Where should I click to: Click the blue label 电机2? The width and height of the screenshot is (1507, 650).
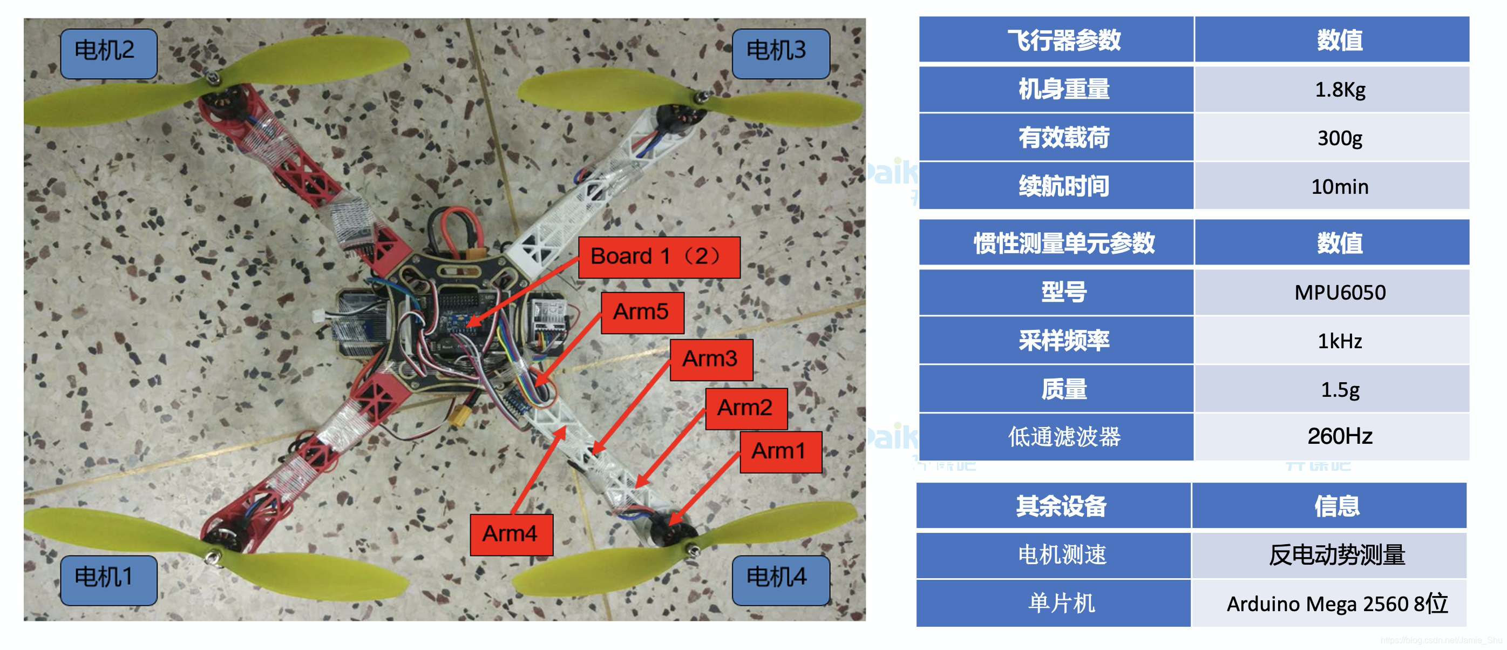click(x=108, y=53)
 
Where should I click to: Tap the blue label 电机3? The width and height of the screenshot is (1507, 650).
click(x=780, y=53)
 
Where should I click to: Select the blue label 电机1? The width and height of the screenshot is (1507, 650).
click(x=108, y=579)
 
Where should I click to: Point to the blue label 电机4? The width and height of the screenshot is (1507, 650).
click(x=780, y=579)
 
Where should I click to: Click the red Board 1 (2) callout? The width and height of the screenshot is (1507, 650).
click(x=659, y=257)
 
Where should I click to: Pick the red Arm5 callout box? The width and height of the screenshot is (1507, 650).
click(x=642, y=313)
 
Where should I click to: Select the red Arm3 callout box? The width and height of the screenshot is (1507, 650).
click(x=711, y=359)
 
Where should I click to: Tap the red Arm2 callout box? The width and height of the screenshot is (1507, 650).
click(x=746, y=408)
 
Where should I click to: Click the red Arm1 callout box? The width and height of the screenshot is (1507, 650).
click(x=780, y=452)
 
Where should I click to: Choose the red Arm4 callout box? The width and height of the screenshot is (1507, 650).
click(x=511, y=534)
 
